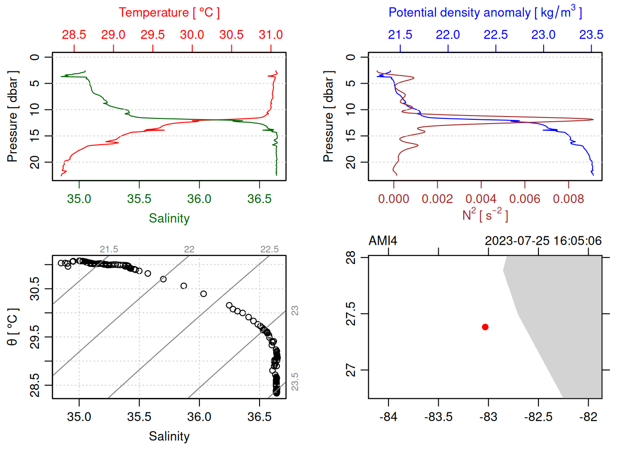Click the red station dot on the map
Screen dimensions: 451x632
tap(485, 327)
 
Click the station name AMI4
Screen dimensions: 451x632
tap(383, 241)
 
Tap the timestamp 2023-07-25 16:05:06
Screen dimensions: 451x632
tap(543, 241)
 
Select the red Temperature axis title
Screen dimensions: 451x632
tap(169, 13)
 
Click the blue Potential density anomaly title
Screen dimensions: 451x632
tap(485, 12)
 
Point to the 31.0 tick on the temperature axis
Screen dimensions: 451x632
tap(271, 35)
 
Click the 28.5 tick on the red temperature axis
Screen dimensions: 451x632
tap(74, 35)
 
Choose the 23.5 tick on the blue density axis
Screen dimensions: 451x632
tap(591, 35)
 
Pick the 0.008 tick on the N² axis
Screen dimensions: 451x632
tap(569, 199)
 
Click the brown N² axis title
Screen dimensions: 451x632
tap(485, 215)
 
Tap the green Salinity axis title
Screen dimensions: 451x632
tap(169, 218)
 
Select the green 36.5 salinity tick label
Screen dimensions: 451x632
tap(260, 199)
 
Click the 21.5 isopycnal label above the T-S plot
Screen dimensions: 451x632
tap(109, 249)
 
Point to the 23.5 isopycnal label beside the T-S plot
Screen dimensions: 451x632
tap(295, 381)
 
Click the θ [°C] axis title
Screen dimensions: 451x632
tap(13, 327)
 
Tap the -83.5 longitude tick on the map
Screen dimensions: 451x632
tap(438, 417)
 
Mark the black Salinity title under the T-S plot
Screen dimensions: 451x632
tap(169, 436)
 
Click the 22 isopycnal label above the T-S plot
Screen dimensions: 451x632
tap(189, 249)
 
